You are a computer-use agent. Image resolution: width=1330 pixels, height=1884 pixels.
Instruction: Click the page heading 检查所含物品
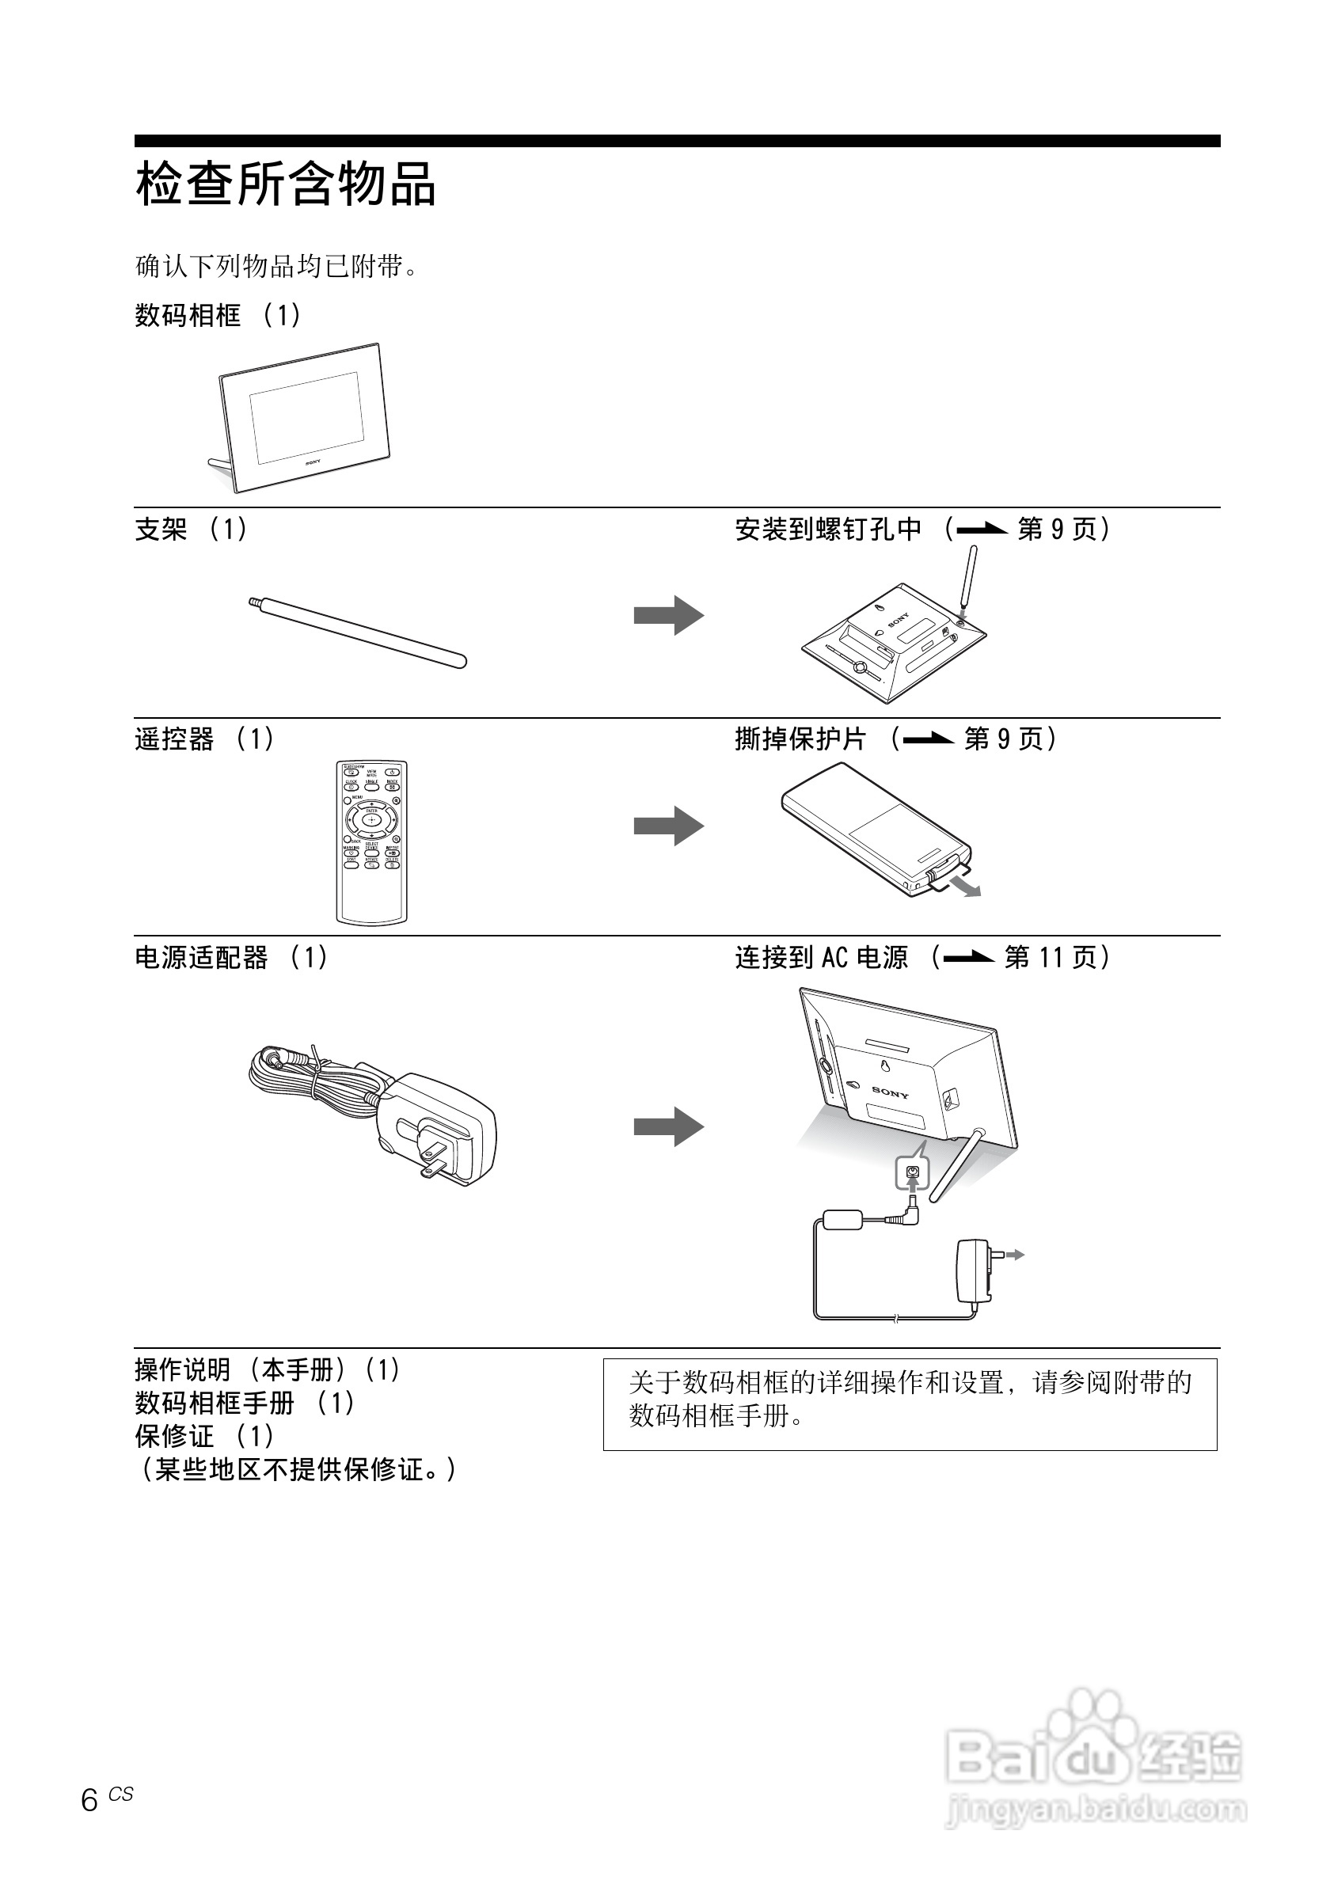(285, 184)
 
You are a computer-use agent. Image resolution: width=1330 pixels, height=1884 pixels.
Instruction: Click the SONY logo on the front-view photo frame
(313, 463)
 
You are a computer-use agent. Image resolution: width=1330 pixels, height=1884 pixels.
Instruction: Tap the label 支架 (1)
(190, 530)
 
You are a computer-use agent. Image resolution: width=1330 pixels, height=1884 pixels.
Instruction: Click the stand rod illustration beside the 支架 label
(358, 632)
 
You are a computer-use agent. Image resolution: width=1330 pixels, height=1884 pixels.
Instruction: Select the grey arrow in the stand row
(668, 614)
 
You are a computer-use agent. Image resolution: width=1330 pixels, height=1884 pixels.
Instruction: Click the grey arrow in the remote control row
(668, 825)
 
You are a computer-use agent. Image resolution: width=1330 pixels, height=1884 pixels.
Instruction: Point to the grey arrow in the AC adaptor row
(668, 1126)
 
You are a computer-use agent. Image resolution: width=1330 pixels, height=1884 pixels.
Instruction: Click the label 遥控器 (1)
(203, 739)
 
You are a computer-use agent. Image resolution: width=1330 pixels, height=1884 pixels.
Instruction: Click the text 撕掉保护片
(800, 739)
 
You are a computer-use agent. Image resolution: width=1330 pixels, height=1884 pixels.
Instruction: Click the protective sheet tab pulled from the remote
(952, 877)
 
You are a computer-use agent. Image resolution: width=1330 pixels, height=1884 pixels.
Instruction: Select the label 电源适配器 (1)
(230, 958)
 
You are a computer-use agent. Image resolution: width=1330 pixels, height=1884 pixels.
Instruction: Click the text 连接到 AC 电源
(821, 958)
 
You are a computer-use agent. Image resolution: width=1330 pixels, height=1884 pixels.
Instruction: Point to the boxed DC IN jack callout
(912, 1172)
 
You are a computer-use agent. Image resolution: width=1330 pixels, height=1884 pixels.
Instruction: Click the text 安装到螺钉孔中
(828, 530)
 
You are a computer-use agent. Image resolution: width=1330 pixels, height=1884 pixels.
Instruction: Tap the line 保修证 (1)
(203, 1436)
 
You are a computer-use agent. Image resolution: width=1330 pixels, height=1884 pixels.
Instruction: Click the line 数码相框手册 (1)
(244, 1404)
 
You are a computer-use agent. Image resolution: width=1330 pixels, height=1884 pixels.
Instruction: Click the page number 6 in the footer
(89, 1800)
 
